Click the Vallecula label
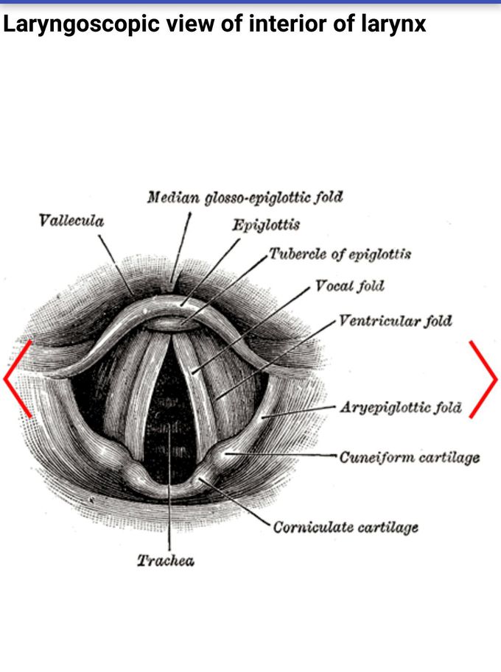71,221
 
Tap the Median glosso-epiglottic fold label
245,197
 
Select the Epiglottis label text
266,225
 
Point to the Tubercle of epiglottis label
340,254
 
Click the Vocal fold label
349,286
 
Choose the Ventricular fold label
396,321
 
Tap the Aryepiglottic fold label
401,407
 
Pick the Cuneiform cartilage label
410,457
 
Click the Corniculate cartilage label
346,527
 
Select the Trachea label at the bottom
166,561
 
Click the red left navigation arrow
17,379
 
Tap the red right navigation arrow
483,379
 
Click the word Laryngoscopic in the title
82,24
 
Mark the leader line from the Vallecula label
116,264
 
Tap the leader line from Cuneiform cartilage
281,454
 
